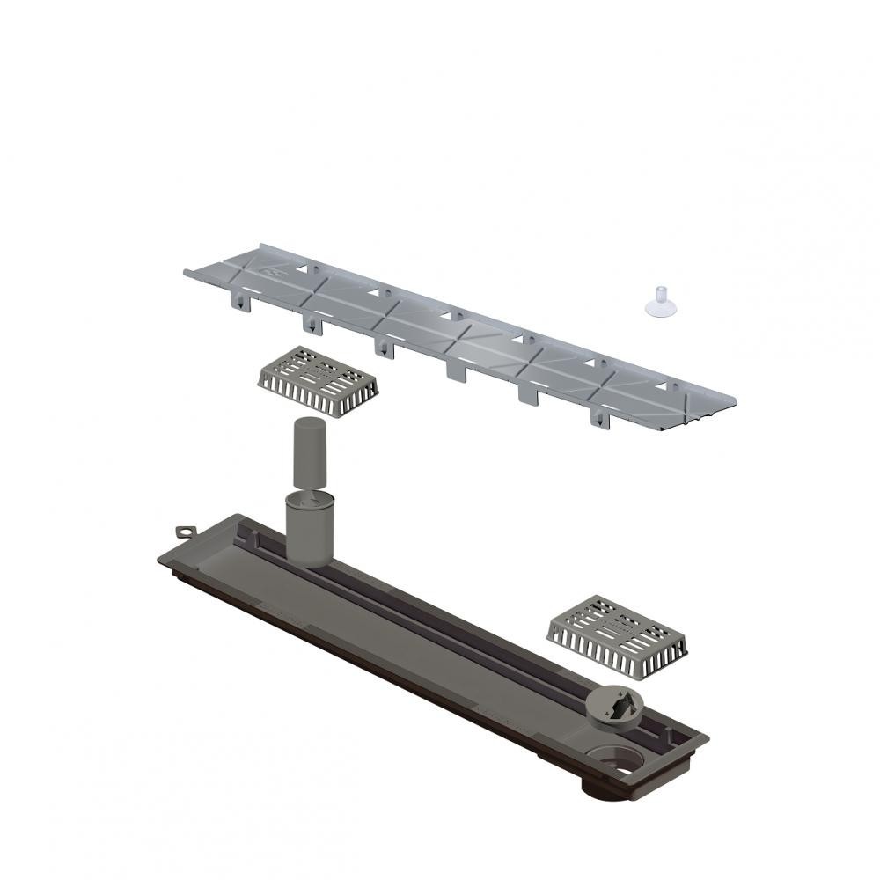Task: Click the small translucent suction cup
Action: click(x=656, y=306)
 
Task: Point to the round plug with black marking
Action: click(x=615, y=704)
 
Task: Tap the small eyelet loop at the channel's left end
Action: click(x=185, y=533)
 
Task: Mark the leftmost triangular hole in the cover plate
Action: click(x=304, y=264)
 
